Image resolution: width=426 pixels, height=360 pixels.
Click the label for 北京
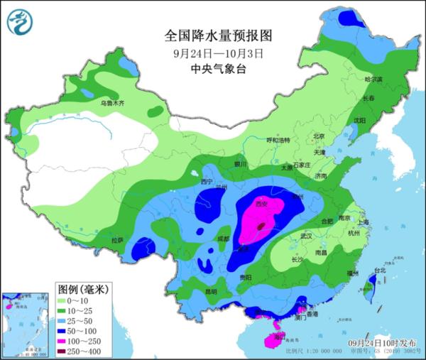(318, 136)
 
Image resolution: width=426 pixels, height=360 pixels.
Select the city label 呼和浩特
(278, 141)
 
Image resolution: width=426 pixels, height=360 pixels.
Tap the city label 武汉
(307, 235)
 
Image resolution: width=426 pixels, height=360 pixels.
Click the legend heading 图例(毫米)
(82, 289)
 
